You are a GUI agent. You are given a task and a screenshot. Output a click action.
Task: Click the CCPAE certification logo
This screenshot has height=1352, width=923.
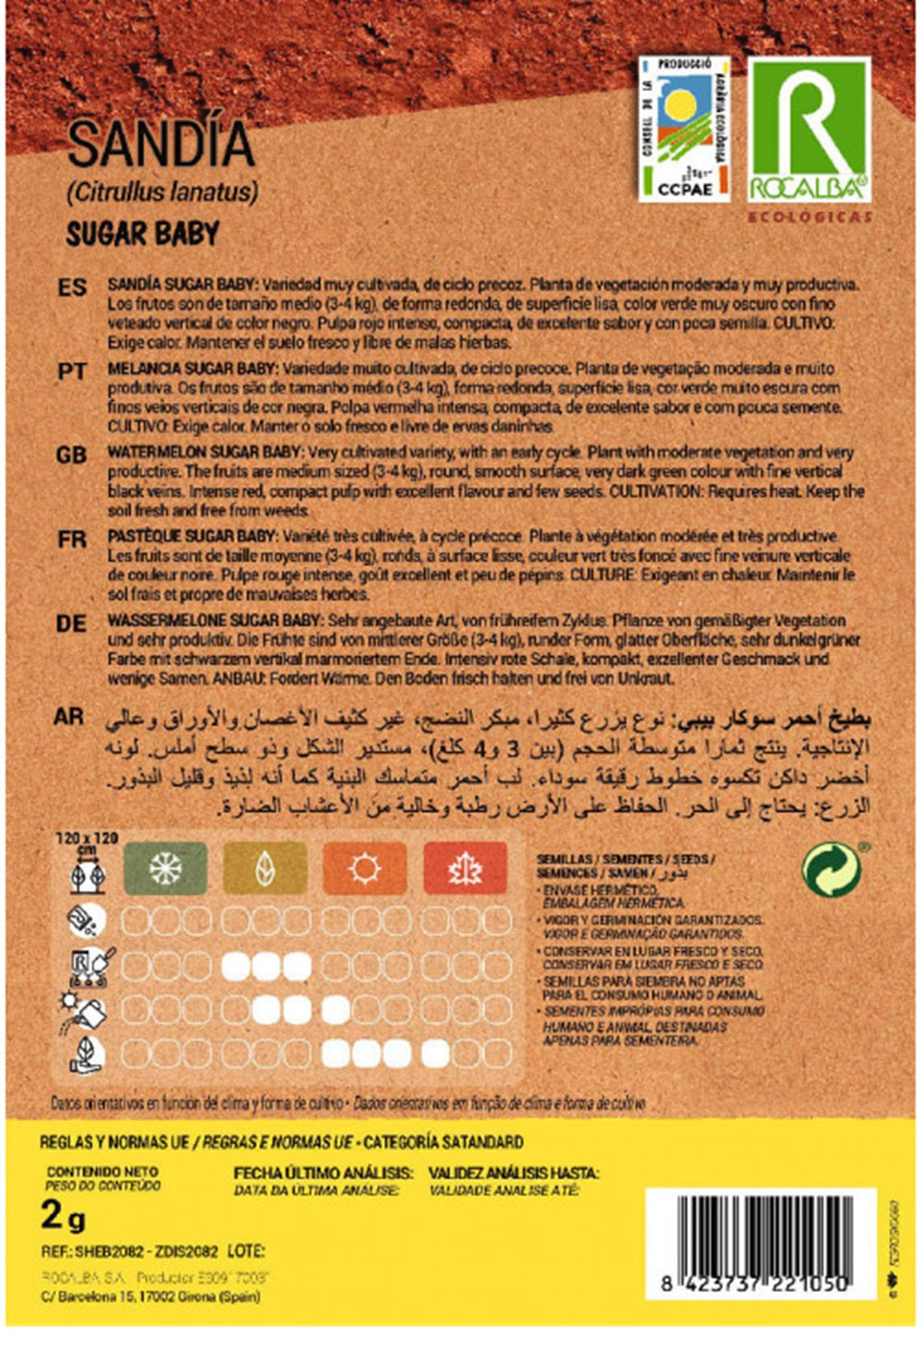coord(683,128)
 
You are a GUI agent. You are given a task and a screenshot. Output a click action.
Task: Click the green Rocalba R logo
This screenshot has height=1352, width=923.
coord(808,129)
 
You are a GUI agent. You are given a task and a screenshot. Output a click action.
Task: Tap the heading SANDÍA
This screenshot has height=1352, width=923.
coord(160,145)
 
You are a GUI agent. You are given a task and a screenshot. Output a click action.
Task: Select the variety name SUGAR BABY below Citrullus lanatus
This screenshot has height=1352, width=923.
coord(143,234)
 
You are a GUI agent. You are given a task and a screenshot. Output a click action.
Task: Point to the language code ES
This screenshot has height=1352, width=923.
coord(72,288)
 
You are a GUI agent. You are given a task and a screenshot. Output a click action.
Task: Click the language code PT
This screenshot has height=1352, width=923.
coord(72,371)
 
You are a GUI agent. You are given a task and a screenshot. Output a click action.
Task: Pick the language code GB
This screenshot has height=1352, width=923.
coord(72,455)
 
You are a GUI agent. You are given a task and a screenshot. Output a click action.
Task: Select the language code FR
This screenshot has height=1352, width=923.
coord(72,539)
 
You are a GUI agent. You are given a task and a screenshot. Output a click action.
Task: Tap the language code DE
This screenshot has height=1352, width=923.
coord(72,624)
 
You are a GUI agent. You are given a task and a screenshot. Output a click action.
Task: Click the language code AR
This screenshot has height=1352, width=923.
coord(70,716)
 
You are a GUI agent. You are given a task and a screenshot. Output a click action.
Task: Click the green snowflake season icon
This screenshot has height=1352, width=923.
coord(166,868)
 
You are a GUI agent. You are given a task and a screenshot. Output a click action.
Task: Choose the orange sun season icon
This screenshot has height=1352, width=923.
coord(365,868)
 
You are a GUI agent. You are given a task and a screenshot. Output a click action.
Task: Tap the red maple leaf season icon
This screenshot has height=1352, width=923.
coord(465,868)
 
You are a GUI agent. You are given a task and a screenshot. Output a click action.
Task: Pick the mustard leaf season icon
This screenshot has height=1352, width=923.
coord(264,868)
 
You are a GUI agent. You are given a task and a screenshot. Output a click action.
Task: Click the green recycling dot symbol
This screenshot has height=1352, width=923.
coord(831,870)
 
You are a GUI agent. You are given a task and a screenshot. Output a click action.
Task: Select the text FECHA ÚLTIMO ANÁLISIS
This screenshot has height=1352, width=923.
coord(322,1173)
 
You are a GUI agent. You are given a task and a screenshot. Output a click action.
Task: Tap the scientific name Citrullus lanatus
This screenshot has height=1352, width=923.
coord(162,192)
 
